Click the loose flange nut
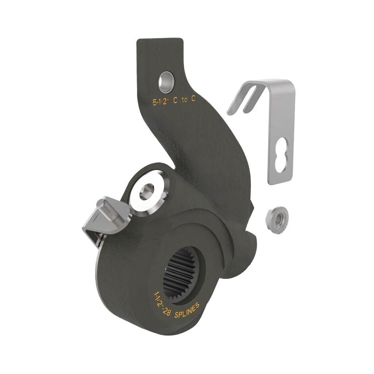click(x=277, y=220)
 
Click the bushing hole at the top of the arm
click(x=166, y=82)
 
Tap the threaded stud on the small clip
click(x=108, y=210)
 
